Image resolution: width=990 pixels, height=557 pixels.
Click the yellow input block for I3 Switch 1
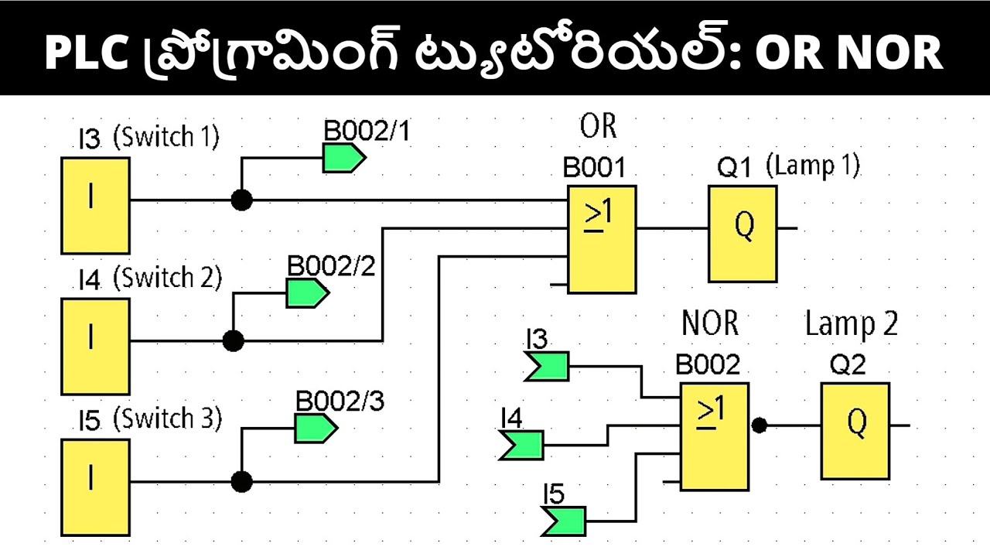tap(95, 206)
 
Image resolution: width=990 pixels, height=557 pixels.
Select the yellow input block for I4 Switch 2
tap(95, 347)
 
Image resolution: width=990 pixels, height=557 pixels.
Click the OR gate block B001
tap(602, 239)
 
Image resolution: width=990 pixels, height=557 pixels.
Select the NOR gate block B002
tap(714, 436)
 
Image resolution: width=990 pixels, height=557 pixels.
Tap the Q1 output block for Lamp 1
tap(742, 234)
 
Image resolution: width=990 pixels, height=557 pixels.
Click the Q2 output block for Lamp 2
tap(855, 431)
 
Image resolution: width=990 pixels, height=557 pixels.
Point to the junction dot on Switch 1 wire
tap(242, 200)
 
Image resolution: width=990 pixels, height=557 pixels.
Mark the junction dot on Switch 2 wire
tap(233, 340)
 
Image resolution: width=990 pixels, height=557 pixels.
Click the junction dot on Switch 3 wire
tap(242, 482)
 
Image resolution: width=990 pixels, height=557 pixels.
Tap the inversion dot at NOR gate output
tap(760, 425)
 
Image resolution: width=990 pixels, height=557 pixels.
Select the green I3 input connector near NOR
tap(546, 366)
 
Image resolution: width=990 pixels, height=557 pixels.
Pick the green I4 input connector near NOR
tap(521, 446)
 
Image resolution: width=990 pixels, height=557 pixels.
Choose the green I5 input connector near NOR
tap(563, 520)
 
